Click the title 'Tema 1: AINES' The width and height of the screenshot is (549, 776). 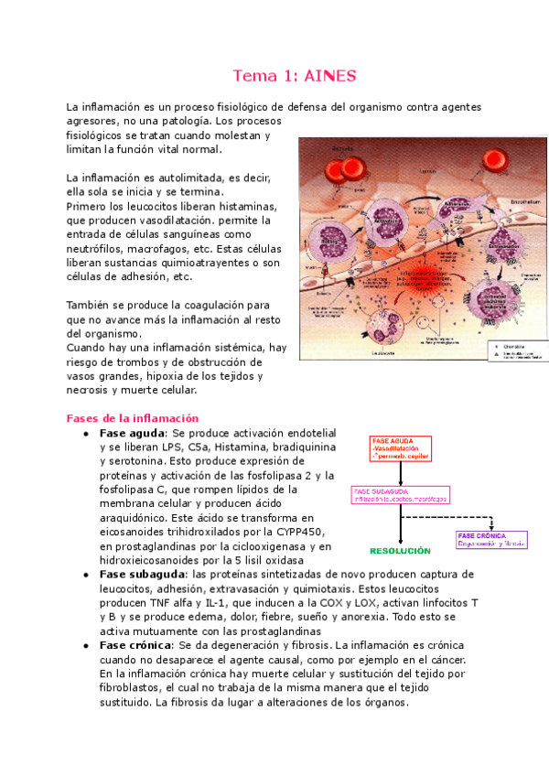click(295, 75)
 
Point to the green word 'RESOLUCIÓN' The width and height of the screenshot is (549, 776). click(399, 551)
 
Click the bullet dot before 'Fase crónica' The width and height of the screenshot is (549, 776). click(85, 646)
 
